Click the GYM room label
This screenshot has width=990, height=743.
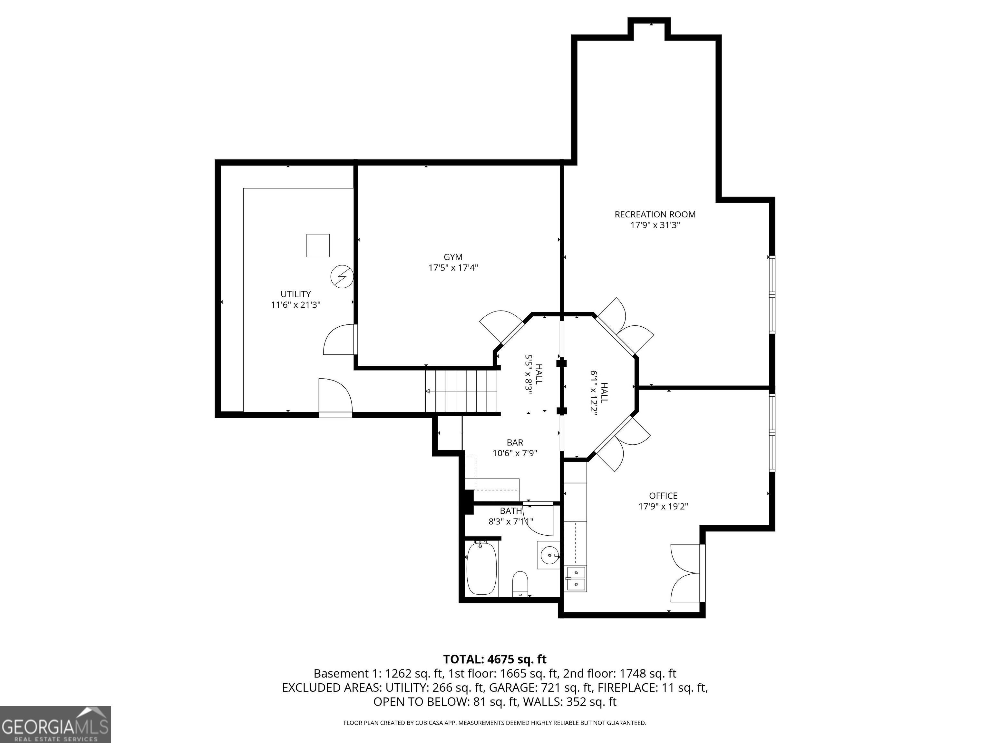click(453, 257)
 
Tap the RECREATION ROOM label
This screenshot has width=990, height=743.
click(655, 214)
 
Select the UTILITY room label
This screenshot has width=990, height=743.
click(296, 294)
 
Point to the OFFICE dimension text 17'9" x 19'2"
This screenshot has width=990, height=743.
click(663, 507)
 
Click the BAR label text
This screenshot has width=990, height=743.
click(515, 442)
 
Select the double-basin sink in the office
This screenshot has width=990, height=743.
click(576, 579)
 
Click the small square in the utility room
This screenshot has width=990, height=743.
click(318, 245)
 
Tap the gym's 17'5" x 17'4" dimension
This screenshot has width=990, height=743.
click(453, 268)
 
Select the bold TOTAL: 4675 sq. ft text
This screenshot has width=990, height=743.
click(495, 659)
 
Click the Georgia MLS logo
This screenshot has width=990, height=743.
click(55, 724)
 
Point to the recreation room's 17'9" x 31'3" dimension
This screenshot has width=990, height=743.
click(655, 225)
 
